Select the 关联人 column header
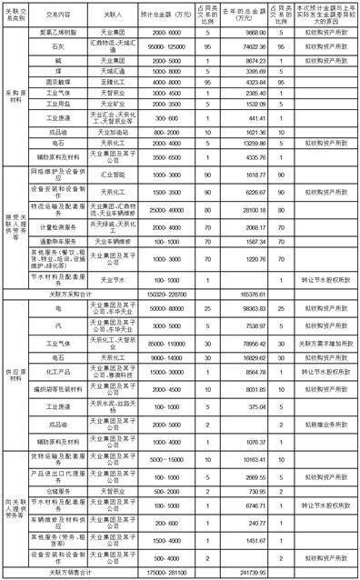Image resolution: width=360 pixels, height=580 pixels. [x=112, y=15]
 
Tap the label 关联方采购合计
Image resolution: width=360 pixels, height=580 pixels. [x=78, y=295]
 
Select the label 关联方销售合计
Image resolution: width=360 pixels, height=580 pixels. [x=78, y=573]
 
